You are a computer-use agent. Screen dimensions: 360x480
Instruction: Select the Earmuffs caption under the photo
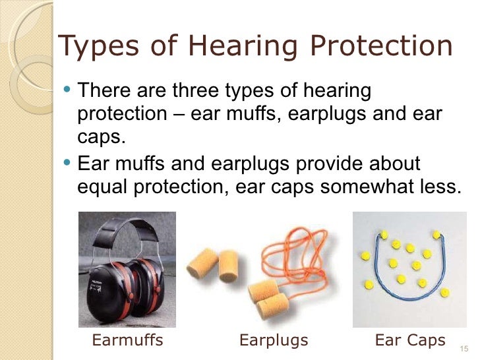pos(127,341)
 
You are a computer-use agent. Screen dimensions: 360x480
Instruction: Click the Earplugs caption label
pos(274,341)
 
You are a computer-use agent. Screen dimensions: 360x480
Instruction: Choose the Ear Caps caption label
pos(410,341)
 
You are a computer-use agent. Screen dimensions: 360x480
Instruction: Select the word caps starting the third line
pos(99,138)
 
